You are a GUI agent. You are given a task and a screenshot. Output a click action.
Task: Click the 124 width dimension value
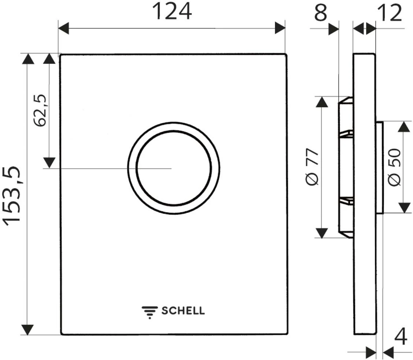tap(172, 12)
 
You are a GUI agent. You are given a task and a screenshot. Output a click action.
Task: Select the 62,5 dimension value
tap(40, 110)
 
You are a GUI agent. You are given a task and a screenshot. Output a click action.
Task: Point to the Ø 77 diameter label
tap(313, 167)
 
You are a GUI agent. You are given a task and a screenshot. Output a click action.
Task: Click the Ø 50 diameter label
tap(395, 168)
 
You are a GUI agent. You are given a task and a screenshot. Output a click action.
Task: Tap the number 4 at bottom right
tap(401, 337)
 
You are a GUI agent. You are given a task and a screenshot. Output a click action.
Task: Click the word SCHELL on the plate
tap(183, 311)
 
